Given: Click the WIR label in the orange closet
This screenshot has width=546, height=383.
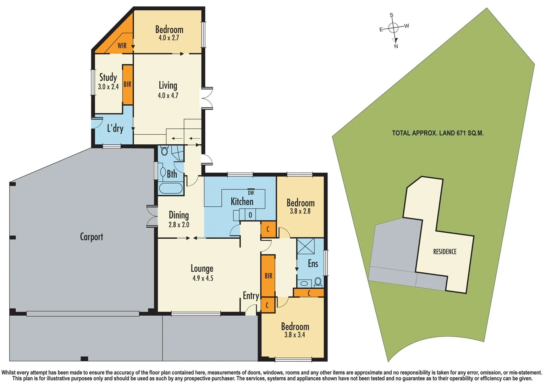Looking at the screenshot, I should coord(122,46).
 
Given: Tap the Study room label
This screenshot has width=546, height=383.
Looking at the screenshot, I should coord(108,77).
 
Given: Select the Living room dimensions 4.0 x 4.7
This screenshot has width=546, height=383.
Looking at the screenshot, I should coord(168,95).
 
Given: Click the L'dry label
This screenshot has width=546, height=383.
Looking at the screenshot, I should coord(115,128).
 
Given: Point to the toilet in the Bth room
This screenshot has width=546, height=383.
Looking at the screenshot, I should coord(164,151).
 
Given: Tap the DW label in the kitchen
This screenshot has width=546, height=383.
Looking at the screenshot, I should coord(251,193).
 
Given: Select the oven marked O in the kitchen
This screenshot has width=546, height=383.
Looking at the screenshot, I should coord(250,215).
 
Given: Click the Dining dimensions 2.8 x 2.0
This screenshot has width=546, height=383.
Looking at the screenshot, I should coord(179,224).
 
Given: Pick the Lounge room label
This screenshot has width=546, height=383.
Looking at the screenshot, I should coord(202,268).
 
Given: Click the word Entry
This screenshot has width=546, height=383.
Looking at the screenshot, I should coord(251,295).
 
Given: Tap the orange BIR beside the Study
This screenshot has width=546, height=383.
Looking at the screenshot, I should coord(127,84).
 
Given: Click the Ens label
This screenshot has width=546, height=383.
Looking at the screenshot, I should coord(313,263).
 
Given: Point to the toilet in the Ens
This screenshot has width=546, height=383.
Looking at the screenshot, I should coord(318,282).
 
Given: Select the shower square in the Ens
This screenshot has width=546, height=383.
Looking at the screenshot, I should coord(305,246).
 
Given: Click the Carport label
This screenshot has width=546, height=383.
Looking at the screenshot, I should coord(91,237).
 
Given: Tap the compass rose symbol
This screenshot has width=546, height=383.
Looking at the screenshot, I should coord(393,28).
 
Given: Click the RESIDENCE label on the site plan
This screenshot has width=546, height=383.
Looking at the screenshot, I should coord(445,251).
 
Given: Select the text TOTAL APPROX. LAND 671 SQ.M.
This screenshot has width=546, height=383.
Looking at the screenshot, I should coord(437,133).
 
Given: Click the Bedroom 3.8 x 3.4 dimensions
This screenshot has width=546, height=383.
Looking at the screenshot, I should coord(294,334).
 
